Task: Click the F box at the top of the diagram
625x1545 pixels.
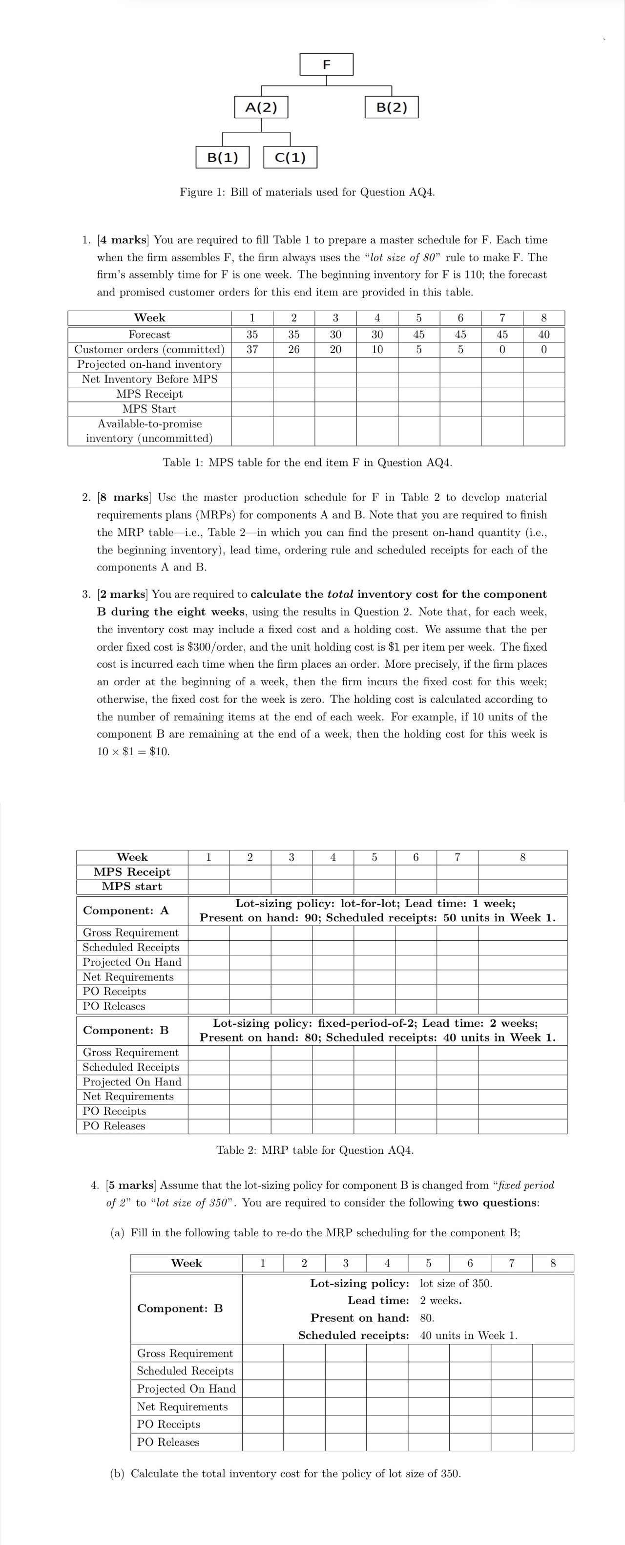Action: [326, 64]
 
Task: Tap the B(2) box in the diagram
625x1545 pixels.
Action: [392, 107]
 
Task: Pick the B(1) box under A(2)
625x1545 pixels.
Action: [223, 157]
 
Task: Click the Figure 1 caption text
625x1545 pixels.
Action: [307, 192]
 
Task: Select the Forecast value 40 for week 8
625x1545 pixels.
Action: [543, 335]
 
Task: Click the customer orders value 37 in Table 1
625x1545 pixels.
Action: [252, 349]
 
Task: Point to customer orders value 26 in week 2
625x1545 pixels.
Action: [293, 349]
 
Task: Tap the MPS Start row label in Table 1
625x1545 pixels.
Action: [149, 409]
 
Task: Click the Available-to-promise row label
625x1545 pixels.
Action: [149, 431]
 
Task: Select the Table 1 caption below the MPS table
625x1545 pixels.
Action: [307, 463]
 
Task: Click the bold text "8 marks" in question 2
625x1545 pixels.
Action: [131, 497]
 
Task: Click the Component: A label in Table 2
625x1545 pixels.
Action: [126, 910]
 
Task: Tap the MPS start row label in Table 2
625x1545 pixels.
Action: [132, 887]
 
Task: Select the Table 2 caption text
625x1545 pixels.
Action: [314, 1150]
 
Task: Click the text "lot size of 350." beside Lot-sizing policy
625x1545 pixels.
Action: [456, 1284]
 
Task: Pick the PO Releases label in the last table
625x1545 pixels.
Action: [168, 1442]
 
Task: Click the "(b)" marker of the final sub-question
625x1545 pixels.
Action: [118, 1474]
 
